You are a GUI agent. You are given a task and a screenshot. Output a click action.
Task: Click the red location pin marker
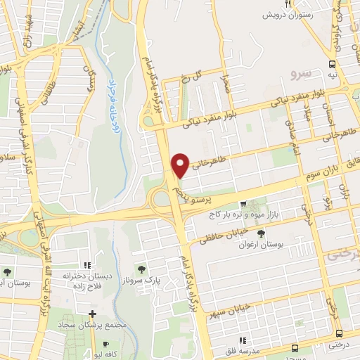click(180, 165)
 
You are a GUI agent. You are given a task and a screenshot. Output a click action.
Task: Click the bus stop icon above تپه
click(331, 65)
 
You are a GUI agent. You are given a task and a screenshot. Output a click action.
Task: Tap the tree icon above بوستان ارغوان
click(262, 233)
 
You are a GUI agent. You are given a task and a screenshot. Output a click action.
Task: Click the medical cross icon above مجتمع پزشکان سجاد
click(92, 314)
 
